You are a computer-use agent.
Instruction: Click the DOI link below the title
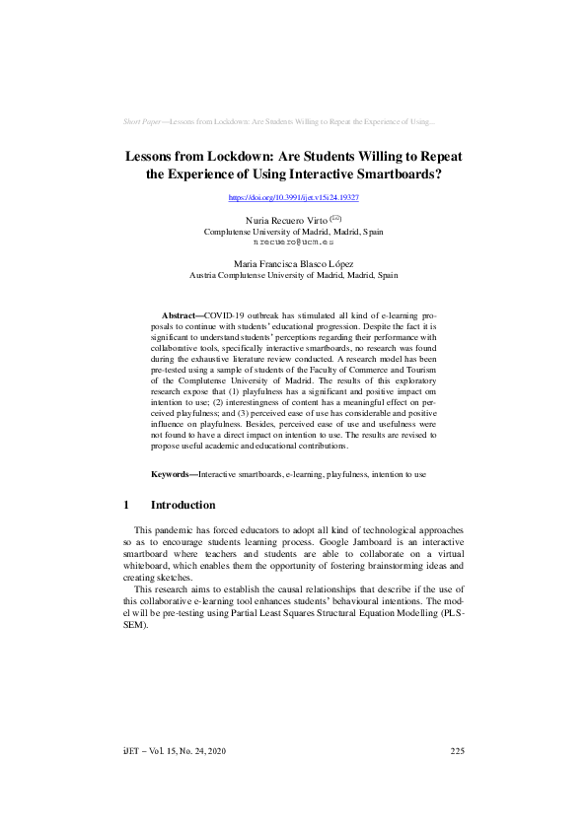click(x=293, y=198)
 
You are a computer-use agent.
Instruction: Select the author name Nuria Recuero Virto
click(x=279, y=220)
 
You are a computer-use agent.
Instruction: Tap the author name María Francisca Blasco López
click(x=293, y=264)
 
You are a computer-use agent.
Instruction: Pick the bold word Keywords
click(x=173, y=474)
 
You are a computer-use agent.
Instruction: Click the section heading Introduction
click(x=183, y=505)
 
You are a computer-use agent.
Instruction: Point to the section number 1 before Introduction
click(x=126, y=505)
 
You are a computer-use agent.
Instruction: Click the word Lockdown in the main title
click(x=247, y=156)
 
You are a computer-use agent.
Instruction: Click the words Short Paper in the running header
click(x=144, y=121)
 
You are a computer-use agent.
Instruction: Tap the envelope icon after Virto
click(x=335, y=218)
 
